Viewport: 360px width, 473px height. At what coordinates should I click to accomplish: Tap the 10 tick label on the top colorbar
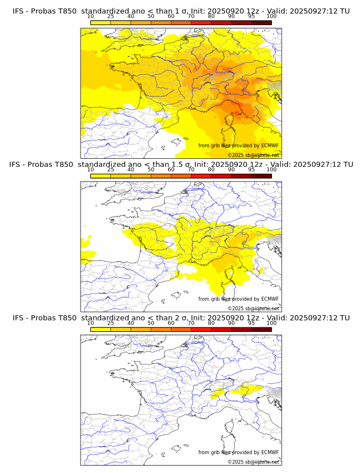click(90, 17)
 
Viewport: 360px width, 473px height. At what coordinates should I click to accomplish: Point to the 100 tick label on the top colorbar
click(271, 17)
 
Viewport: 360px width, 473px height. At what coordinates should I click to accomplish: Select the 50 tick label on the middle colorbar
click(151, 170)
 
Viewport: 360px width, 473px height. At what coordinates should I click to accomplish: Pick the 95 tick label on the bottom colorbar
click(251, 323)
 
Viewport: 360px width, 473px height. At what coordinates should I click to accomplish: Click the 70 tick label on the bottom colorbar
click(191, 323)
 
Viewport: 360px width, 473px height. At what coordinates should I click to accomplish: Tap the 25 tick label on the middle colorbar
click(110, 170)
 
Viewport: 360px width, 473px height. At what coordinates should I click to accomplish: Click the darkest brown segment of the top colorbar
click(261, 22)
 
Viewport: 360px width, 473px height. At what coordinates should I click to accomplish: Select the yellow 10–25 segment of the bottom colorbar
click(101, 329)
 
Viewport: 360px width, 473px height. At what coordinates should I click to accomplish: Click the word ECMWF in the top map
click(270, 146)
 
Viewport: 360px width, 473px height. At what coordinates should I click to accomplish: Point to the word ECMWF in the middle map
click(270, 299)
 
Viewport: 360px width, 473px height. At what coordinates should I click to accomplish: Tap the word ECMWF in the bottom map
click(270, 452)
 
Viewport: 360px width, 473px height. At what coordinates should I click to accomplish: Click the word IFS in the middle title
click(19, 165)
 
